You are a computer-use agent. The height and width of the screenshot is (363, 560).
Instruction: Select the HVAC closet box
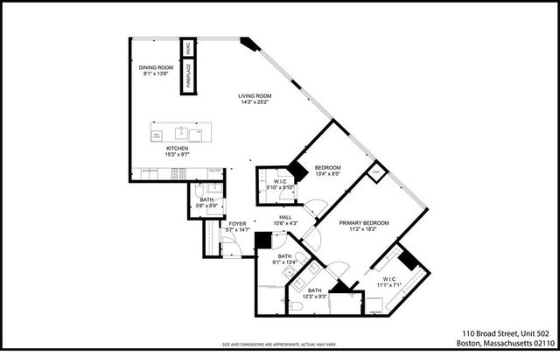187,47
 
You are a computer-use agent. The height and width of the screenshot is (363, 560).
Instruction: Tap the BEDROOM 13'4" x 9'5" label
327,167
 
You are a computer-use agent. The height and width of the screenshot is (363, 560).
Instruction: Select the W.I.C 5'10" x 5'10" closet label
279,183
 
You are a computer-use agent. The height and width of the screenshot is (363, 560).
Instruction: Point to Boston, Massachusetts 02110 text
505,346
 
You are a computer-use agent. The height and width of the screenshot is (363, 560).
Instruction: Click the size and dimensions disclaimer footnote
279,345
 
